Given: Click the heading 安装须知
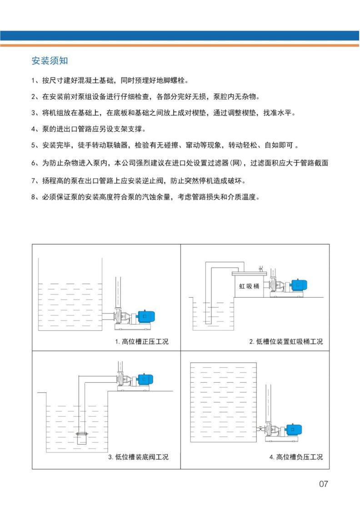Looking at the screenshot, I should pos(50,61).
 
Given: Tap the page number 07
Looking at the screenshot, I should pos(323,484).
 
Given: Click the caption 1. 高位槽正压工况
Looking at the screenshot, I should pos(141,341).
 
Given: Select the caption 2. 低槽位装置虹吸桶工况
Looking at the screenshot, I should pos(286,341).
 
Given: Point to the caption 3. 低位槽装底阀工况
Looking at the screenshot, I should pos(138,457).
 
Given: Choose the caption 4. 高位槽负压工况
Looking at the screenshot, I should pos(296,457).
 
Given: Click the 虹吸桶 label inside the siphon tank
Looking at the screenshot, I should pos(250,286).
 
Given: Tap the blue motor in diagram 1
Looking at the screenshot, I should pos(146,315).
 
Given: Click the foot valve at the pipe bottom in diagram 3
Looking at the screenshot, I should pos(82,438).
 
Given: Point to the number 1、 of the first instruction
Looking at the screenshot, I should pos(35,81).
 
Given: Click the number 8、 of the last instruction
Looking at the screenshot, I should pos(35,197).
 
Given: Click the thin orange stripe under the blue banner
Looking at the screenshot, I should pos(180,45).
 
